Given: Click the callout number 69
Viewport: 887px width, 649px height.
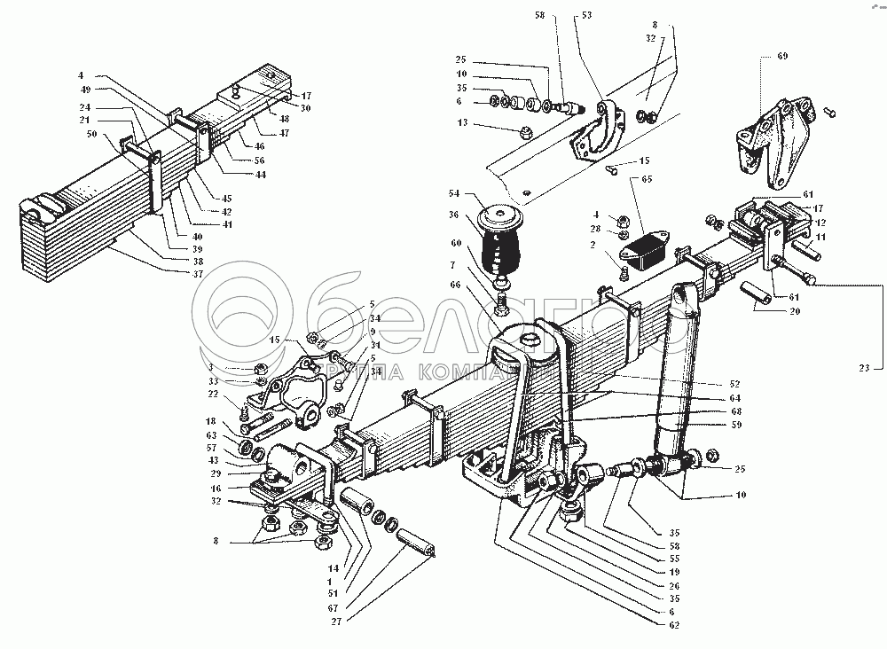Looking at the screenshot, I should tap(781, 56).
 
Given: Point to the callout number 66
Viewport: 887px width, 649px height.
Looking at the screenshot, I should tap(455, 285).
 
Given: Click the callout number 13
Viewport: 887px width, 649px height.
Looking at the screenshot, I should tap(463, 124).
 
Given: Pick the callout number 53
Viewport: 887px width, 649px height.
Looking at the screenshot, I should tap(586, 15).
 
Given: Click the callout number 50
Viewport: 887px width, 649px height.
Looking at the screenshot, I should tap(92, 135).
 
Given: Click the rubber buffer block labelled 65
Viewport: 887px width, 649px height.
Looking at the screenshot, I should tap(651, 249).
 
